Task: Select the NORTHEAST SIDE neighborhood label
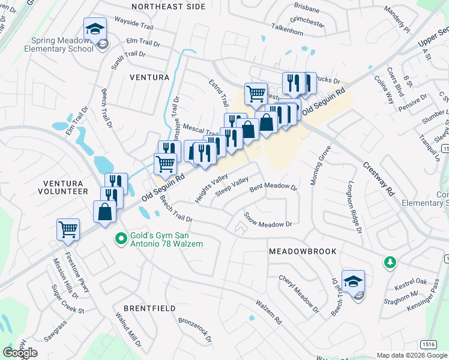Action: [168, 7]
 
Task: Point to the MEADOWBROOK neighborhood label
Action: [303, 251]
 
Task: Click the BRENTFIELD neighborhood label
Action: [149, 308]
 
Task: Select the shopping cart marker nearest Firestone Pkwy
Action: [68, 229]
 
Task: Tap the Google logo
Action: [20, 353]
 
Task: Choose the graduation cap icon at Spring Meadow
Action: [94, 28]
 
